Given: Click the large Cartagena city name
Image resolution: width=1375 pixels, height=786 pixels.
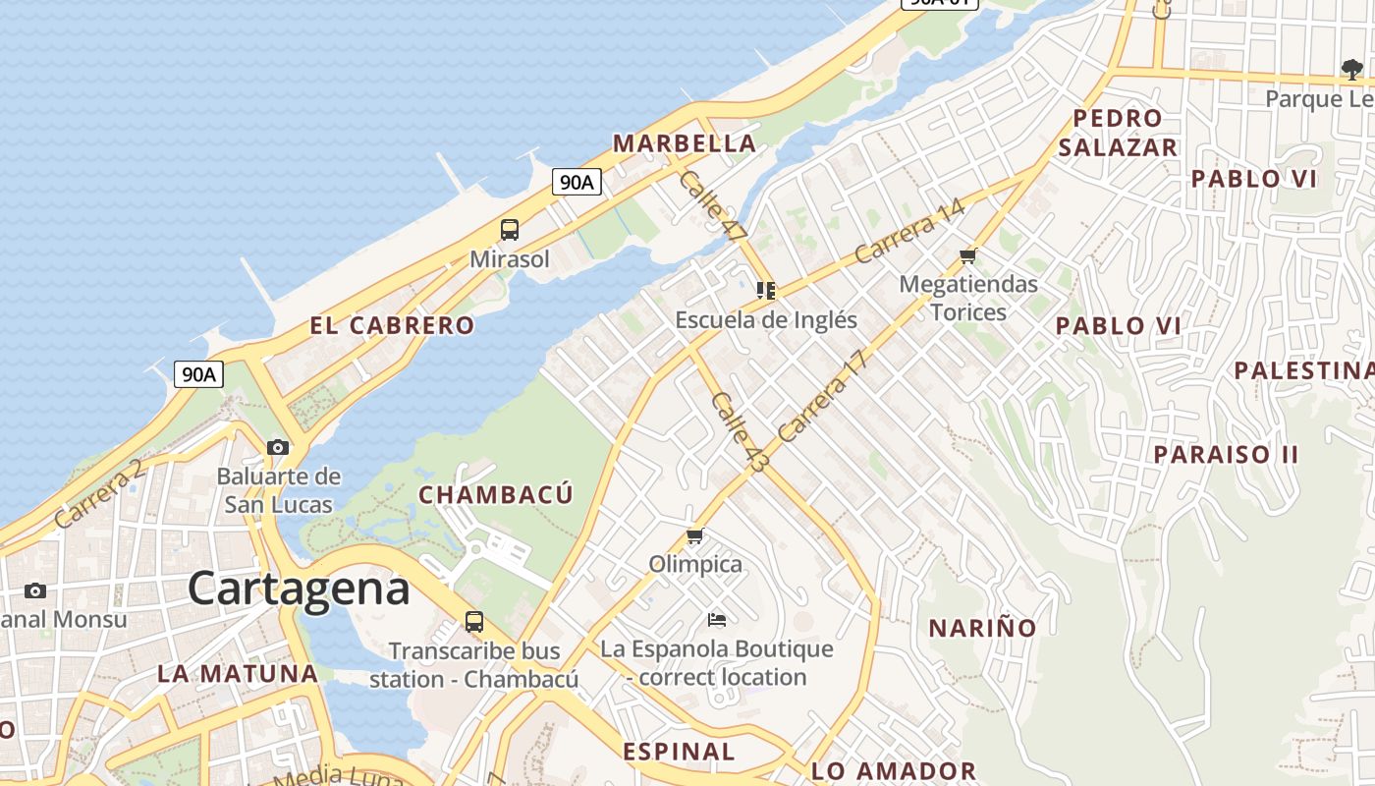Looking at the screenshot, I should coord(299,589).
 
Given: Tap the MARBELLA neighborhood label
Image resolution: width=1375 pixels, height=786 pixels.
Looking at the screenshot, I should coord(685,143).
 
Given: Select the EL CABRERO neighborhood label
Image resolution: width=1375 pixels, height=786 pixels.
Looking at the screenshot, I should coord(392,325).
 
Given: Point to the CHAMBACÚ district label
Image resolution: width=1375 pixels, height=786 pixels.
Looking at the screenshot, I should coord(495,494).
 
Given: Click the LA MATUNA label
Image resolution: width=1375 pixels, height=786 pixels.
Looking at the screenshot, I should coord(238,674).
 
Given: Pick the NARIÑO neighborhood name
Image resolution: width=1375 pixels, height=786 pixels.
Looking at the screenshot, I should coord(982,628).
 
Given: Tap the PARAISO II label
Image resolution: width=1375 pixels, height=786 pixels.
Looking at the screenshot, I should coord(1226,455).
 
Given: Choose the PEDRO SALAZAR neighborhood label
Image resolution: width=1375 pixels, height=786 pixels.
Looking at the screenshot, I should coord(1118,133).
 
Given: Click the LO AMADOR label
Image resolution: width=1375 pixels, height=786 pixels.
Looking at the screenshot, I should coord(894,771).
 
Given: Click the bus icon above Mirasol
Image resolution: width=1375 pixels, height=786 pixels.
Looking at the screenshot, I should coord(509,230).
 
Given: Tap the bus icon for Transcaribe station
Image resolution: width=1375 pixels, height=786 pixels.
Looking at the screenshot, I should coord(474,621).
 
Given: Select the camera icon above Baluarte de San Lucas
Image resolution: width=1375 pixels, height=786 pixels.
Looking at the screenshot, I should coord(278,448).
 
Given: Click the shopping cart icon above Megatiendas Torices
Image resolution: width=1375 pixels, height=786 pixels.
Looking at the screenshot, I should coord(968,256).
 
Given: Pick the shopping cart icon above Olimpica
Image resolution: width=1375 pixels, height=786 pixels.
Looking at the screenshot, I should coord(695,535).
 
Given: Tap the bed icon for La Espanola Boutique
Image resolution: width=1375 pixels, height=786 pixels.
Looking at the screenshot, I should coord(717,620).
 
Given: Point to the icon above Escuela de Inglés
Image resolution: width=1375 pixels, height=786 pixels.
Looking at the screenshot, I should coord(766,290).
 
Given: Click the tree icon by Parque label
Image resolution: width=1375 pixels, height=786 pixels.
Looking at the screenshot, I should coord(1352,69).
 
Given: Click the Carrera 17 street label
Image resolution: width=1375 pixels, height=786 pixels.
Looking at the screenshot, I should coord(823,396).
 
